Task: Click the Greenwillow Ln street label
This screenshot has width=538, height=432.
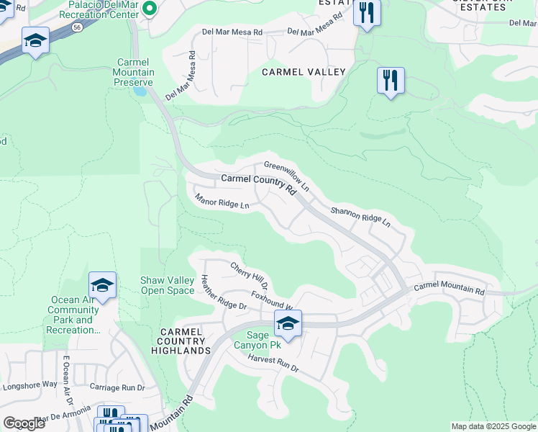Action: tap(286, 176)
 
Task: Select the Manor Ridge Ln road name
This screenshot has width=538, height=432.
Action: tap(222, 200)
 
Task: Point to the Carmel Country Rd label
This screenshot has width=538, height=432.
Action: tap(258, 183)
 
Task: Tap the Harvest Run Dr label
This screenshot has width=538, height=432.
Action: tap(273, 363)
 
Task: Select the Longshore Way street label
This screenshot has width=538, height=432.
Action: tap(30, 384)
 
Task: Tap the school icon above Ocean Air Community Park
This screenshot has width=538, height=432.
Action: tap(102, 286)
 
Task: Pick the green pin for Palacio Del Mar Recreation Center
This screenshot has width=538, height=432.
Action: tap(150, 9)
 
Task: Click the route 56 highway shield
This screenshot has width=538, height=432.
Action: tap(76, 27)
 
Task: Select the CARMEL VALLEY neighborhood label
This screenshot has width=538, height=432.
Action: tap(304, 72)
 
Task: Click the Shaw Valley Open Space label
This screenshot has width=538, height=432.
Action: tap(167, 285)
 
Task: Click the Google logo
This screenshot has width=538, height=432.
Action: tap(24, 423)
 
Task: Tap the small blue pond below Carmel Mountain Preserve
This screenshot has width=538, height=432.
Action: tap(140, 91)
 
